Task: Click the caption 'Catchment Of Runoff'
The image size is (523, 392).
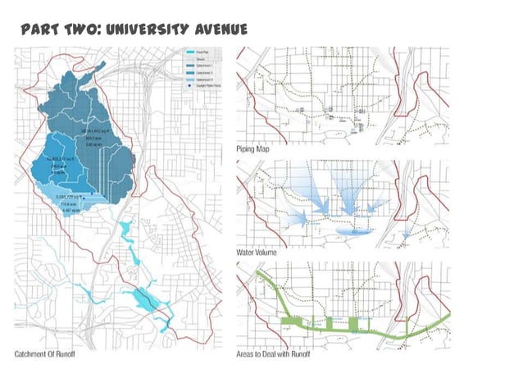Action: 50,355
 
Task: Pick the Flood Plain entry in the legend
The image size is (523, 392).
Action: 197,52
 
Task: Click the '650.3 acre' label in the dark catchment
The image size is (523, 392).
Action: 93,138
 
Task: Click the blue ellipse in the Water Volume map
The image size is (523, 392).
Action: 360,233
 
